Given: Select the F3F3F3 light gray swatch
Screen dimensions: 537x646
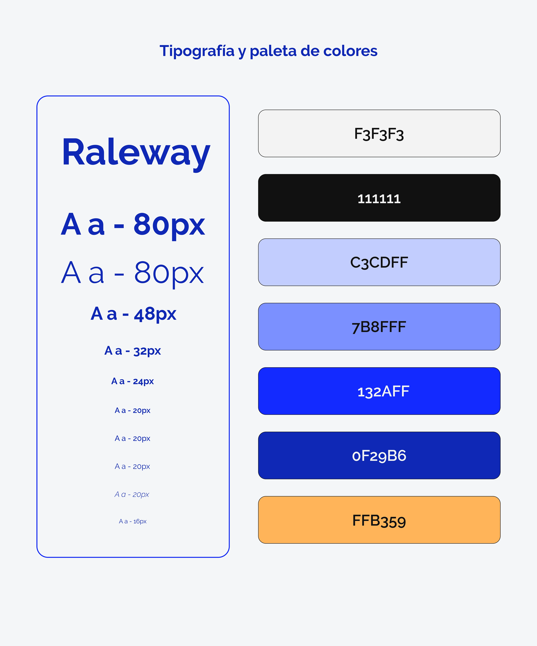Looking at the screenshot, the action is coord(379,133).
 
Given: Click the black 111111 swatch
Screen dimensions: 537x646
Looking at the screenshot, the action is coord(379,198).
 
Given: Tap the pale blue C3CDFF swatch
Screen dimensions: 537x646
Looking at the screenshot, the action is coord(379,262).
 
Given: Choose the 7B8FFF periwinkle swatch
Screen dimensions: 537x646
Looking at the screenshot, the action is coord(379,327).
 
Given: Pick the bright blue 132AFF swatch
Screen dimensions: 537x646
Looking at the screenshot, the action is coord(379,391).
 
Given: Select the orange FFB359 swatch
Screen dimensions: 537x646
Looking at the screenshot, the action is coord(379,520).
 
